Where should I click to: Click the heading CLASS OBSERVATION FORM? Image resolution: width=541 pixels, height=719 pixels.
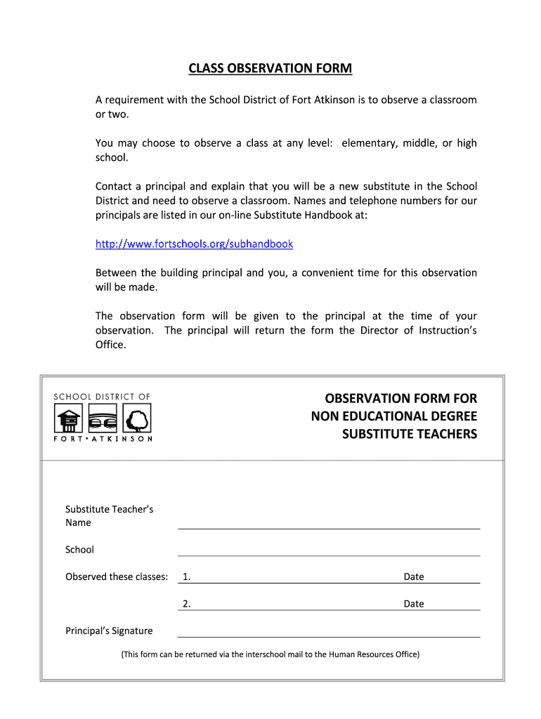coord(270,69)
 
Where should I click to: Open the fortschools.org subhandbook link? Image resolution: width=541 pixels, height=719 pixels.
coord(194,244)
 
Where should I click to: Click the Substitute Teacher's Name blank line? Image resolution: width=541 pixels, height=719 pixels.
coord(329,524)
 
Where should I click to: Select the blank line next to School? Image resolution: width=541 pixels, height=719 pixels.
coord(329,551)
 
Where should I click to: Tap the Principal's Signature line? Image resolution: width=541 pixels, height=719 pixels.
coord(329,632)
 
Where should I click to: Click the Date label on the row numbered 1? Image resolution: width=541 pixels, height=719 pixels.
coord(413,576)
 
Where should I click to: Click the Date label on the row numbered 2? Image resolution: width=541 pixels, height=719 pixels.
coord(413,603)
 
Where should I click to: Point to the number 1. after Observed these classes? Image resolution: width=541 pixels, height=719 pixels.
coord(186,576)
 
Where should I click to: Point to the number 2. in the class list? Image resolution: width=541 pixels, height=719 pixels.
coord(186,603)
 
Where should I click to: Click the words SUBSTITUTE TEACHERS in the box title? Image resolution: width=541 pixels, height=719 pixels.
coord(409,434)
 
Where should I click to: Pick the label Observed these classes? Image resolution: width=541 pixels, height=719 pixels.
coord(117,576)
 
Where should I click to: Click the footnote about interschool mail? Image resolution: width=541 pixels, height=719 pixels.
coord(270,654)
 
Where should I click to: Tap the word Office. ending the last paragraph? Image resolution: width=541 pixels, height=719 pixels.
coord(110,344)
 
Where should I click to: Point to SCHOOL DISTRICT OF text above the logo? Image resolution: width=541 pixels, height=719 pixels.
coord(103,397)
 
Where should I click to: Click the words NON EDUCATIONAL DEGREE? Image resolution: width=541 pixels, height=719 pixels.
coord(393,416)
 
